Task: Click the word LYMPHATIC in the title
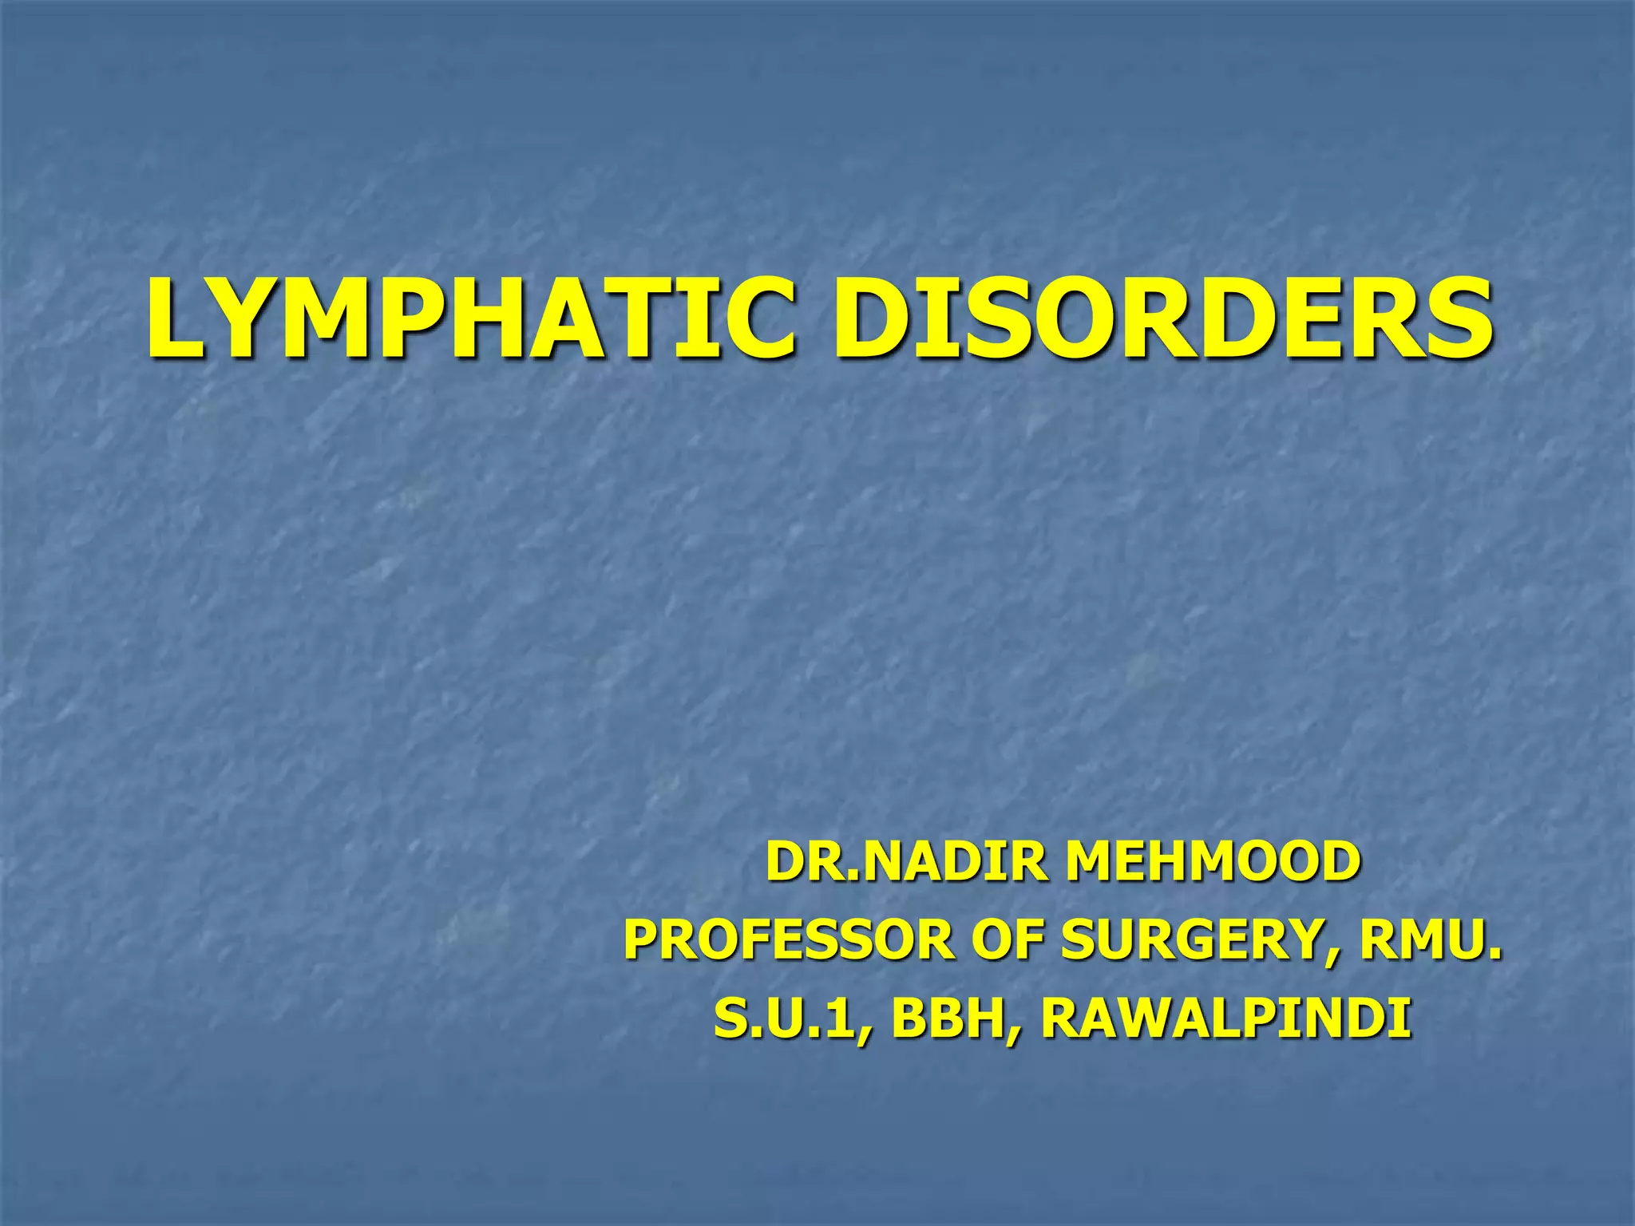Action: coord(471,318)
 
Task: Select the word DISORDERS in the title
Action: coord(1162,318)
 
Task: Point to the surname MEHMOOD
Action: coord(1213,863)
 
